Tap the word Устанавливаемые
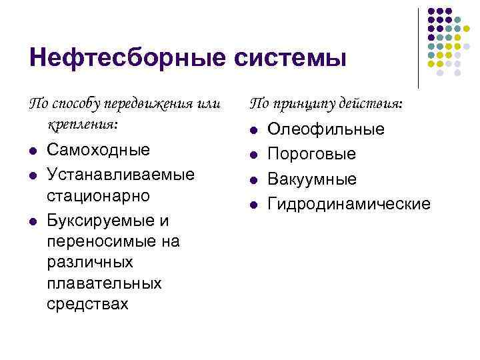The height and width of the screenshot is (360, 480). pyautogui.click(x=121, y=174)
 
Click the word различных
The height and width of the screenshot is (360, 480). pyautogui.click(x=90, y=262)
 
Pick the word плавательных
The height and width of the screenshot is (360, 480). pyautogui.click(x=105, y=283)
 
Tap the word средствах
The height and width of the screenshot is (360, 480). pyautogui.click(x=88, y=305)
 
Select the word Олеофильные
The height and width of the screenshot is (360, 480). pyautogui.click(x=326, y=129)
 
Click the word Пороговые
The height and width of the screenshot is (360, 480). pyautogui.click(x=311, y=154)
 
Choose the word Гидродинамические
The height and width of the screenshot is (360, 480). pyautogui.click(x=349, y=203)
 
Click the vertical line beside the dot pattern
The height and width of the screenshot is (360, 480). pyautogui.click(x=418, y=48)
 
